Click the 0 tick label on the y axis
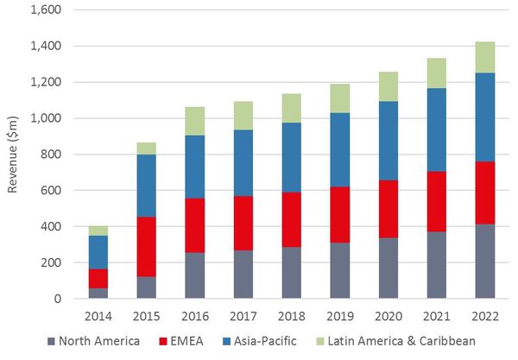pos(56,299)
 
